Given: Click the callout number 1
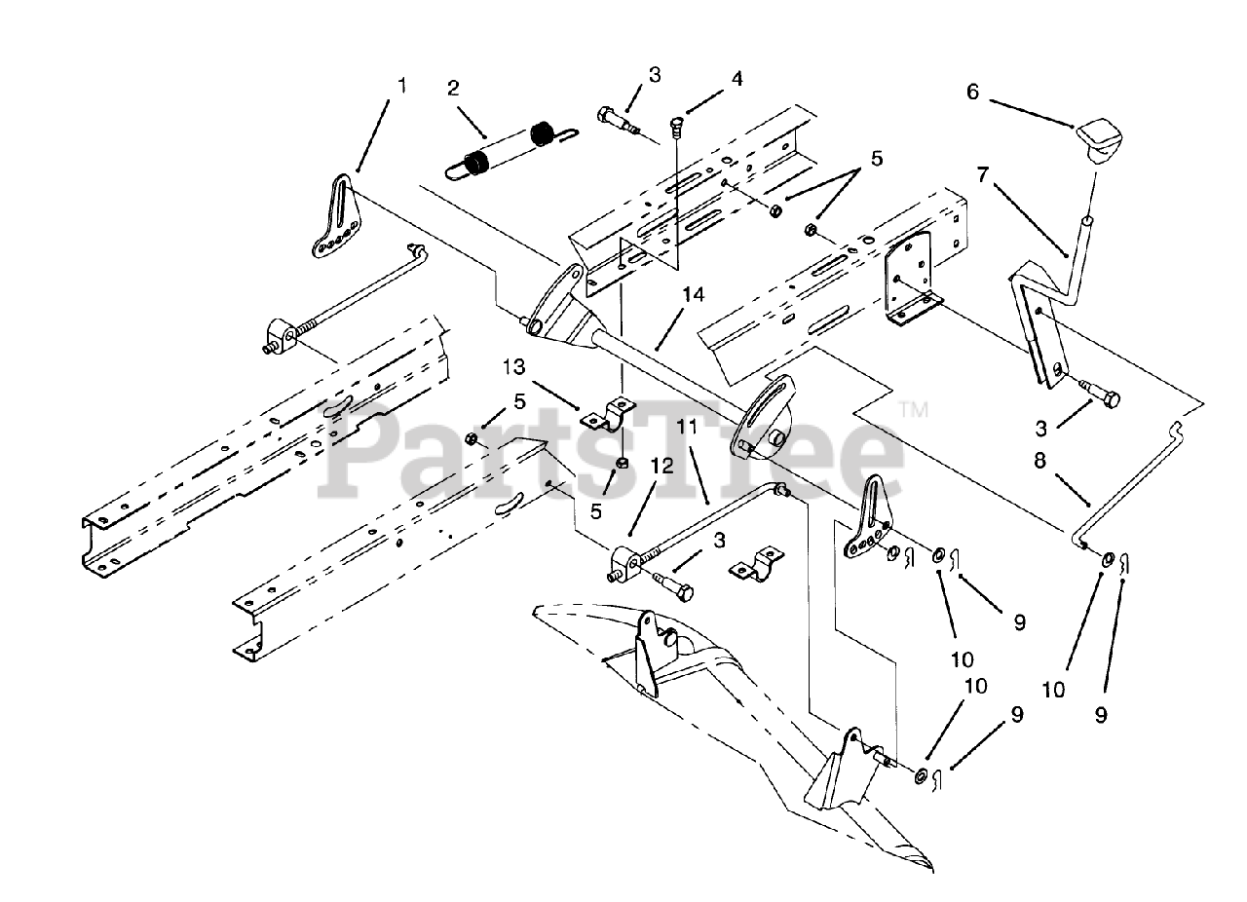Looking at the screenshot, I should click(x=401, y=86).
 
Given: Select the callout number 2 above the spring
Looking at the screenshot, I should click(x=453, y=88).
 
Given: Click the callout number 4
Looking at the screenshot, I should click(x=737, y=79).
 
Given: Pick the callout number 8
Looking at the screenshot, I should click(x=1039, y=460).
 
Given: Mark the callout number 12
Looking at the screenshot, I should click(x=662, y=466).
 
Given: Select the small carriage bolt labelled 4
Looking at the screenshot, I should click(x=677, y=125).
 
